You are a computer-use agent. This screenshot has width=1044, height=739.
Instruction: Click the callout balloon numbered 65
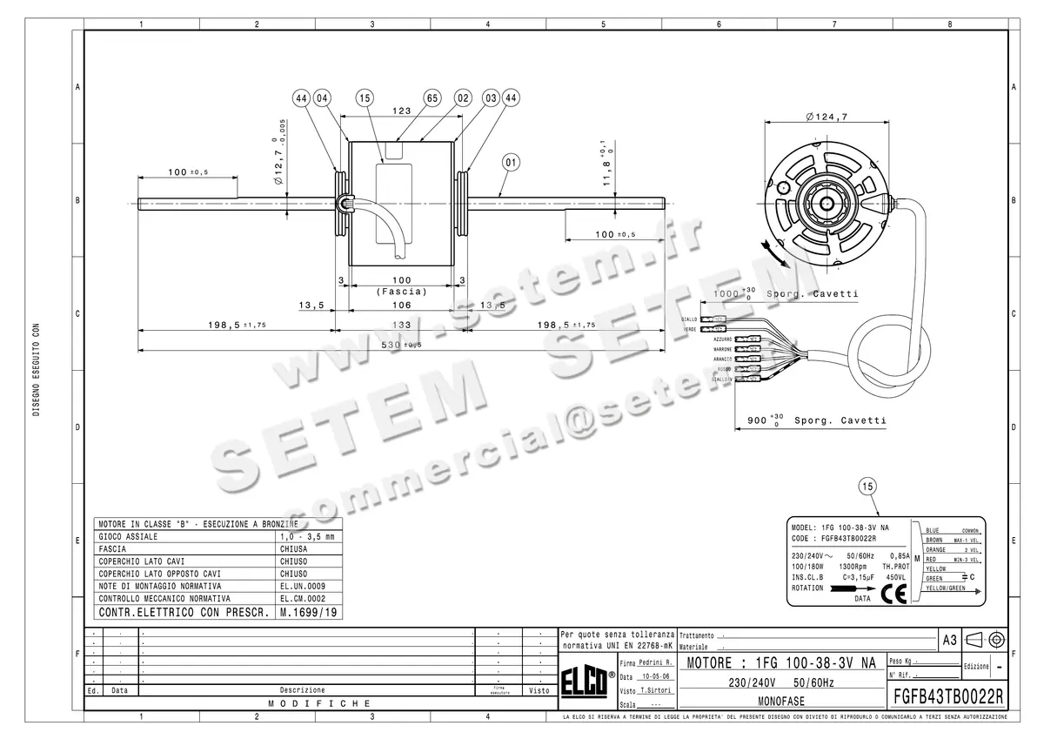point(432,98)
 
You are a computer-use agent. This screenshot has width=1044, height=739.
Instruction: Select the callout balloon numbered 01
point(511,161)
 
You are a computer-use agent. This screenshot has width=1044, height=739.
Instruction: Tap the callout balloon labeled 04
point(323,98)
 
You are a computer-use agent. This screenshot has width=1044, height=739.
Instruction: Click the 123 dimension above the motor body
point(401,111)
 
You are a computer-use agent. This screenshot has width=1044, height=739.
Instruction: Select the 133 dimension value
point(401,324)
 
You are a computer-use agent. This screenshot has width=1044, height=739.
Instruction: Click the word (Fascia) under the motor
point(401,292)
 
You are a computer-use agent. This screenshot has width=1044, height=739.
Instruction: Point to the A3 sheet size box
point(949,640)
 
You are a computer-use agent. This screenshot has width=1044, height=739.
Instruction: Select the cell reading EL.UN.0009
point(303,586)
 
